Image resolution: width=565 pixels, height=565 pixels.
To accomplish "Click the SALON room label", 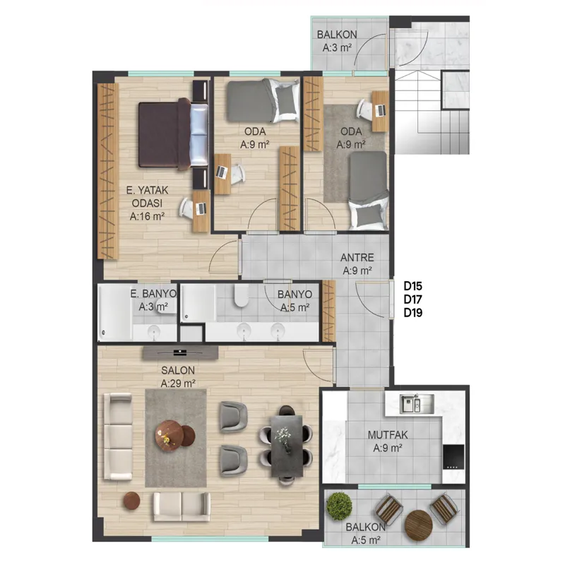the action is (178, 370).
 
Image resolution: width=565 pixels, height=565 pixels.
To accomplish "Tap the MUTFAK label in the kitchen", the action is (388, 434).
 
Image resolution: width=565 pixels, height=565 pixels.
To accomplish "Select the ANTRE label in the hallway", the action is (357, 257).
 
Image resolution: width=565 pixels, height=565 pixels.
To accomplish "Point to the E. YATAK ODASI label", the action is (147, 196).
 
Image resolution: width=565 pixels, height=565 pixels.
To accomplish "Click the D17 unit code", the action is (413, 299).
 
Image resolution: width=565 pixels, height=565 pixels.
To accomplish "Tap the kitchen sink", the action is (417, 403).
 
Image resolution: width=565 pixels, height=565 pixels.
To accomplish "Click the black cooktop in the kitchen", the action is (453, 457).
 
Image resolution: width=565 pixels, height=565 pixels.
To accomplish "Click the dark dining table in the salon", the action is (287, 446).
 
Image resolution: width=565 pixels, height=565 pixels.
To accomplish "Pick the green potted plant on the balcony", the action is (340, 506).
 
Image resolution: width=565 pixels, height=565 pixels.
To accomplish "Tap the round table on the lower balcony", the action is (419, 524).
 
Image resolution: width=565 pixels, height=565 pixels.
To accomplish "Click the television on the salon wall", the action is (180, 352).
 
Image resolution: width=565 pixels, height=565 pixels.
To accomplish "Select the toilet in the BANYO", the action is (241, 295).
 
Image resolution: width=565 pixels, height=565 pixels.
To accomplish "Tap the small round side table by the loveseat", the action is (131, 501).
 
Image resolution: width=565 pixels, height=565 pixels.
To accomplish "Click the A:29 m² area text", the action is (178, 383).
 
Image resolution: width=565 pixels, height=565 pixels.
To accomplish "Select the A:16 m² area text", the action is (147, 216).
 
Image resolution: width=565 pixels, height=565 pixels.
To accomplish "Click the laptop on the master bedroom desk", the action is (202, 208).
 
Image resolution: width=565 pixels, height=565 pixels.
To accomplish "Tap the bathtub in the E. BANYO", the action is (115, 312).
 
